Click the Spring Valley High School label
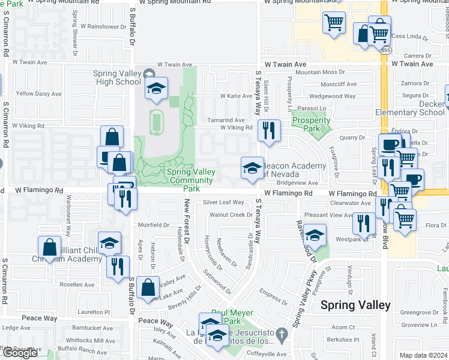[117, 78]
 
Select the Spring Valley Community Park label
[191, 180]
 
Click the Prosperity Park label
[311, 124]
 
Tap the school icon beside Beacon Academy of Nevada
[252, 167]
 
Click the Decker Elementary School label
[410, 108]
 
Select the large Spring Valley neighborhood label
[355, 305]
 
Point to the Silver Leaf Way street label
[223, 202]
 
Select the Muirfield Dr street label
[154, 225]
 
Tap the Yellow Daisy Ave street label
[38, 94]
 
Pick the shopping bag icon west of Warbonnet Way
[49, 247]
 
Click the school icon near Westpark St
[315, 235]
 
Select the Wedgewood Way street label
[333, 95]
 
